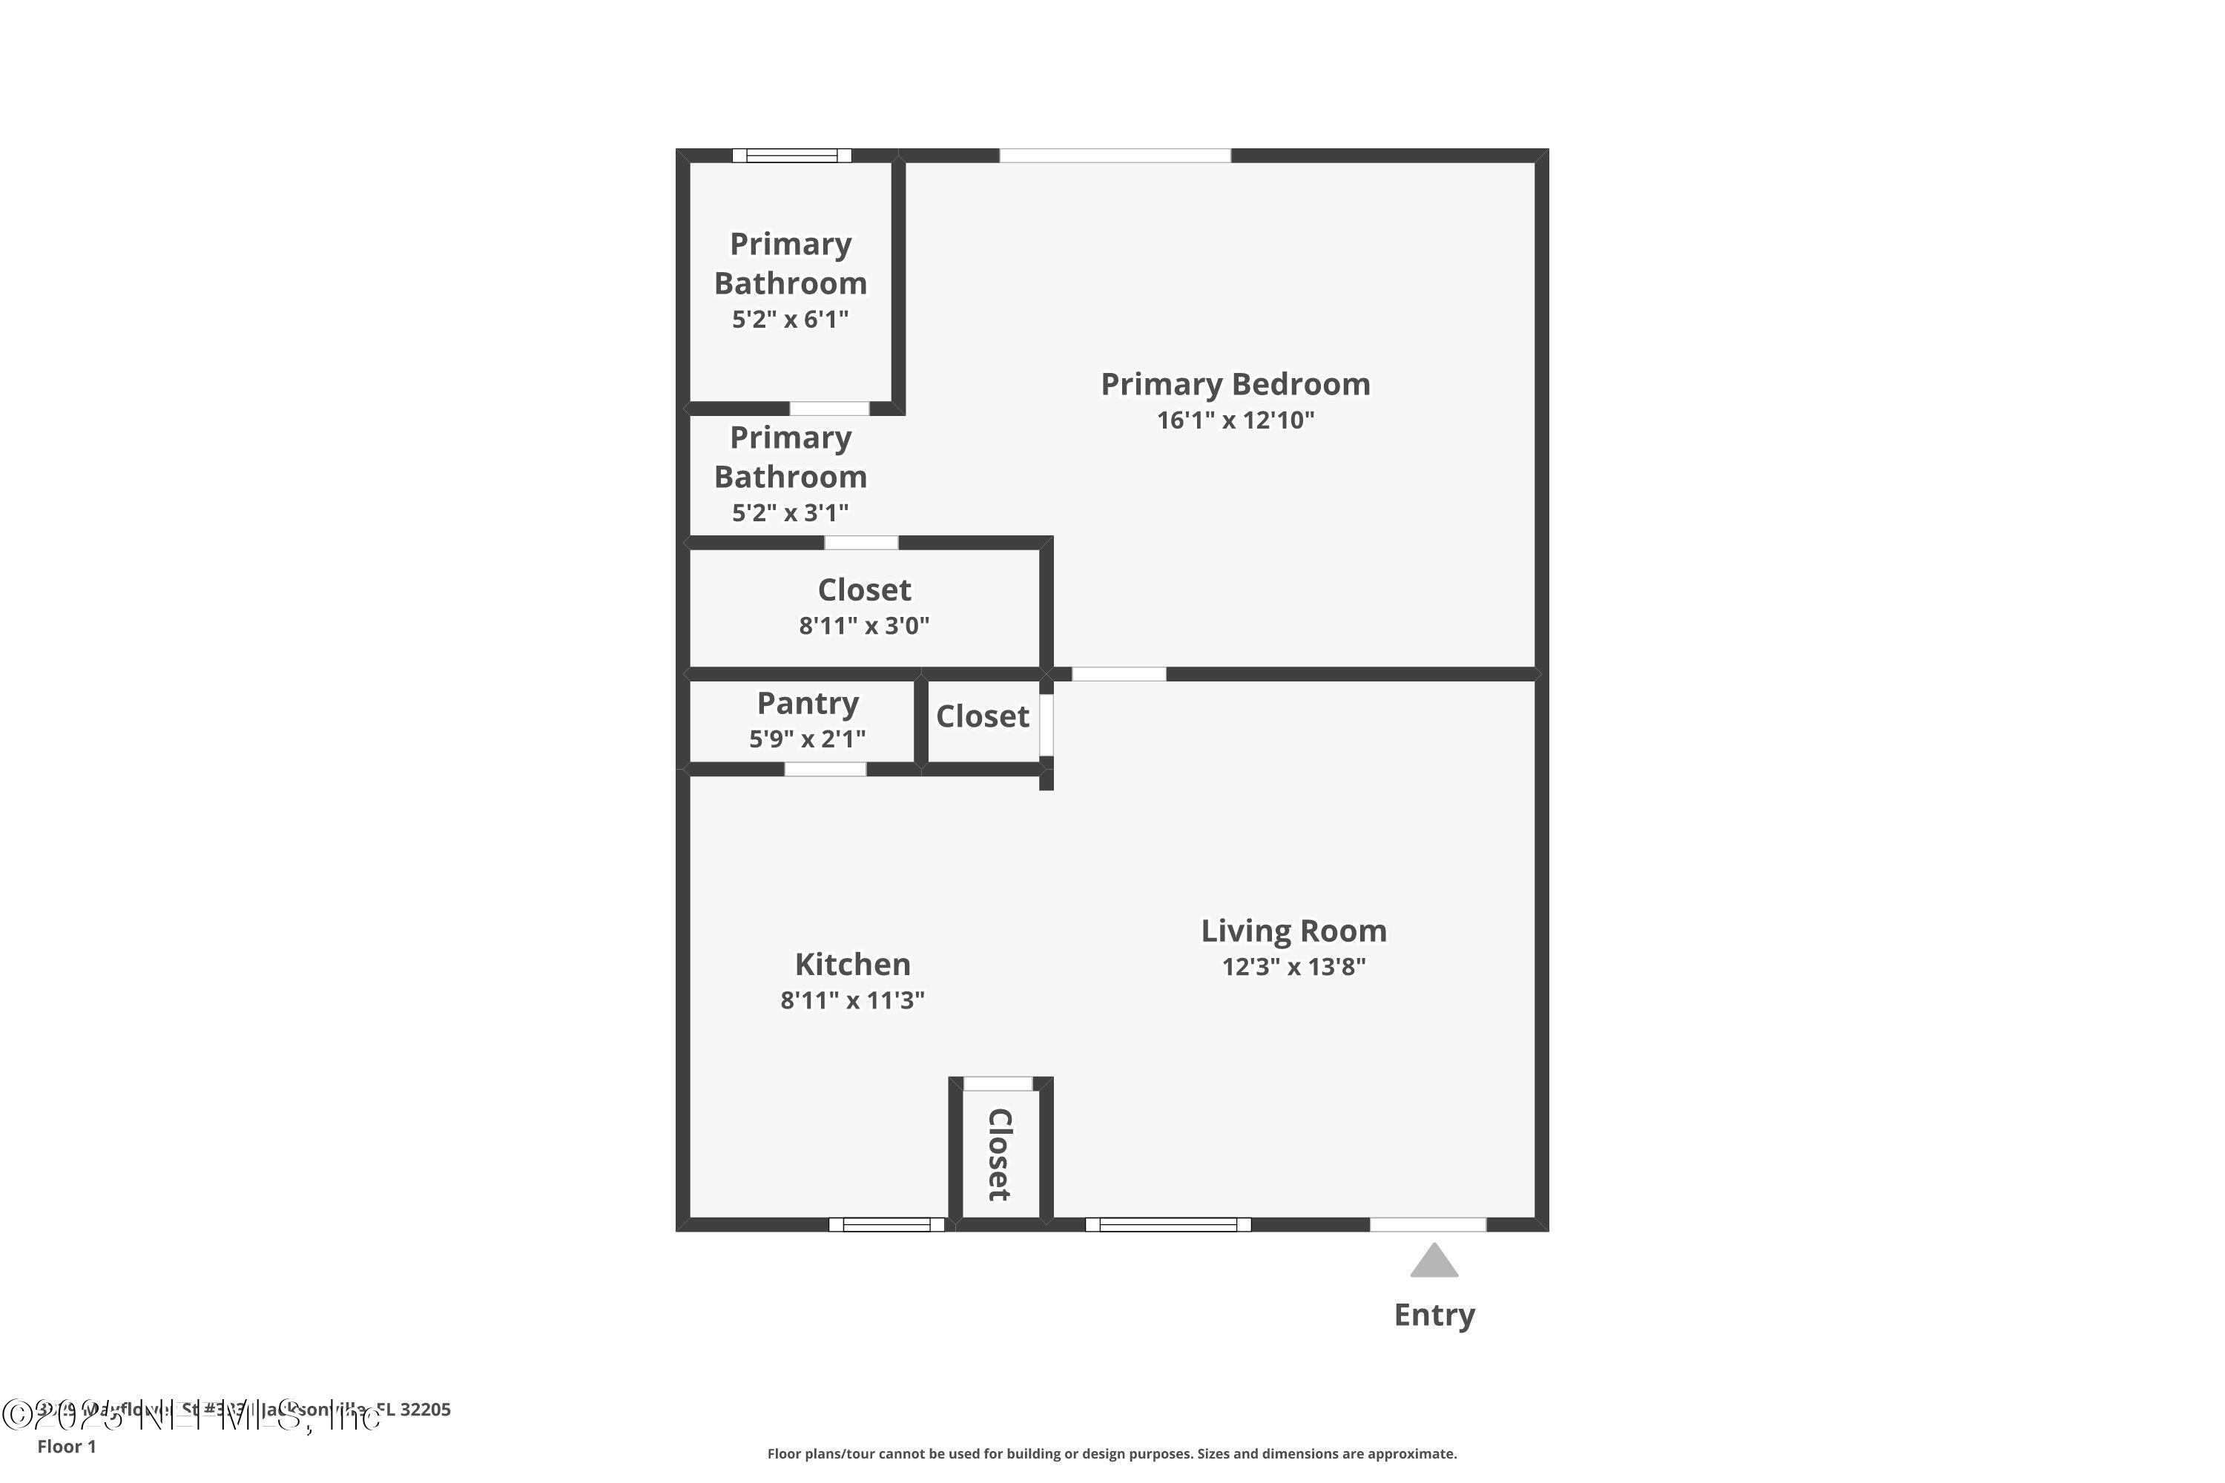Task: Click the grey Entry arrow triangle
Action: point(1434,1262)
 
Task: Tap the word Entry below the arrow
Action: point(1434,1315)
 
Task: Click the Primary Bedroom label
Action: point(1235,384)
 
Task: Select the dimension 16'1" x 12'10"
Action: point(1235,420)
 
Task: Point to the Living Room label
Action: point(1293,931)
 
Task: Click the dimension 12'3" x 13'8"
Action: point(1293,967)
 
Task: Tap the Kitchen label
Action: point(852,964)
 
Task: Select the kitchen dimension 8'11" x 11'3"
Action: point(852,1000)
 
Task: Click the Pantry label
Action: point(808,703)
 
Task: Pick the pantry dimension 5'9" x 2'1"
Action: point(807,739)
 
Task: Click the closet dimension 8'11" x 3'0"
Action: point(864,625)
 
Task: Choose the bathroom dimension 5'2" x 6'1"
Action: point(790,320)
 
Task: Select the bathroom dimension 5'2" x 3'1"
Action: point(790,512)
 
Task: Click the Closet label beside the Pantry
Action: point(982,716)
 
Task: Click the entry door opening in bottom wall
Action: point(1428,1225)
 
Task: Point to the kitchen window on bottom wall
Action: point(886,1225)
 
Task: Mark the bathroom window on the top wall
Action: point(792,156)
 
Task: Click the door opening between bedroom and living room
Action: point(1118,674)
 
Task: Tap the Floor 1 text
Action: point(66,1446)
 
